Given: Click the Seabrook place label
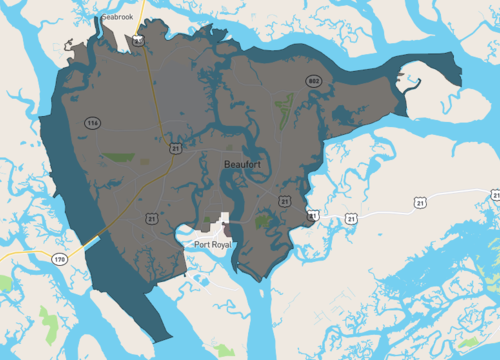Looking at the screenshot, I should pyautogui.click(x=124, y=17).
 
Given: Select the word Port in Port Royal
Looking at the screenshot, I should pyautogui.click(x=204, y=243).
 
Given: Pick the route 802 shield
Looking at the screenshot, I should pyautogui.click(x=313, y=81).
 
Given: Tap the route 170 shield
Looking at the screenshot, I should pyautogui.click(x=59, y=259).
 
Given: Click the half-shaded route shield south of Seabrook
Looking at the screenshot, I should pyautogui.click(x=137, y=40).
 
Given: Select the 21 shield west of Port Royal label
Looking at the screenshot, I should pyautogui.click(x=152, y=217).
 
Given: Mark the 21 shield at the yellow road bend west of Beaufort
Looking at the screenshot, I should pyautogui.click(x=176, y=147).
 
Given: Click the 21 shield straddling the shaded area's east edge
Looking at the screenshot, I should pyautogui.click(x=313, y=215).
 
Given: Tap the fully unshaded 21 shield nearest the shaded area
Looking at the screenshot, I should pyautogui.click(x=351, y=217).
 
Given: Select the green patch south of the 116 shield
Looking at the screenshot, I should pyautogui.click(x=121, y=158).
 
